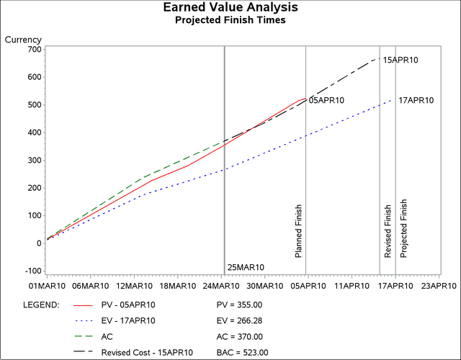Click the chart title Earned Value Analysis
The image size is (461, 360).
pos(230,8)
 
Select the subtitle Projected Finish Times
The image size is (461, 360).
pos(230,20)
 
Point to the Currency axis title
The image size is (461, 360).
pos(23,40)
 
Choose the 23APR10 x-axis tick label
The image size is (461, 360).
pos(439,286)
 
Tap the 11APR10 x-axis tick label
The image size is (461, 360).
pos(352,286)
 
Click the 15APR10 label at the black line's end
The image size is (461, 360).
pos(400,60)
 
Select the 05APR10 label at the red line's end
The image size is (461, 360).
pos(326,101)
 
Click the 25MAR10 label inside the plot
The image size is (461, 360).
pos(246,267)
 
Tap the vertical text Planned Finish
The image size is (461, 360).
pos(299,230)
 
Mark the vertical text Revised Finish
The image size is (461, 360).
pos(388,230)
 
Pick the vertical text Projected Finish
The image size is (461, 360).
pos(403,228)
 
